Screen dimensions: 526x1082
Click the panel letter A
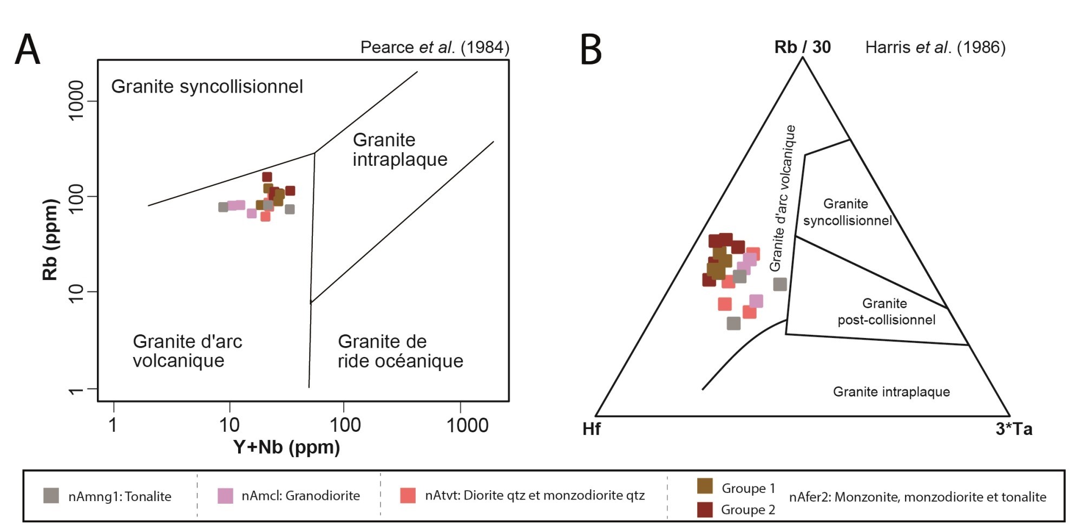click(x=28, y=50)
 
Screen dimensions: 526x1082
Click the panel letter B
click(x=591, y=50)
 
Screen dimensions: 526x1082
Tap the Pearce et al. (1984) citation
click(x=435, y=48)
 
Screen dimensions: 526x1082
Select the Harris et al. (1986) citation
click(x=935, y=48)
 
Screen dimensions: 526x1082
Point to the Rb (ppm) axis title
click(x=50, y=239)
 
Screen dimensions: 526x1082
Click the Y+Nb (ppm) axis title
click(x=286, y=447)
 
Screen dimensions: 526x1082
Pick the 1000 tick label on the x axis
click(x=467, y=426)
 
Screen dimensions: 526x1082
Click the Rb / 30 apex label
click(x=802, y=48)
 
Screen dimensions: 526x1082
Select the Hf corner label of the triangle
click(x=591, y=430)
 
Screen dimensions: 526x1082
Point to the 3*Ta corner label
click(x=1014, y=430)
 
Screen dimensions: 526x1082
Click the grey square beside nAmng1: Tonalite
click(x=51, y=496)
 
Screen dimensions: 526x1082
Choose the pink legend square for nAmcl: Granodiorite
click(x=225, y=496)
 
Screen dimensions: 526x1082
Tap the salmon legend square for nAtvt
click(x=408, y=496)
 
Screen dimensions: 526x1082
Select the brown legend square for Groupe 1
click(x=705, y=486)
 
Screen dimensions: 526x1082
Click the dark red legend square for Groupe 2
click(x=705, y=510)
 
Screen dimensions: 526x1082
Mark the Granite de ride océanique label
click(x=400, y=351)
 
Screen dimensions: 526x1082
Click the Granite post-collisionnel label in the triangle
click(x=886, y=311)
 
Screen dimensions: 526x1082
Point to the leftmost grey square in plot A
click(x=223, y=207)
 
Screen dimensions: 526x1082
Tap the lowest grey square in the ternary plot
click(x=733, y=323)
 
